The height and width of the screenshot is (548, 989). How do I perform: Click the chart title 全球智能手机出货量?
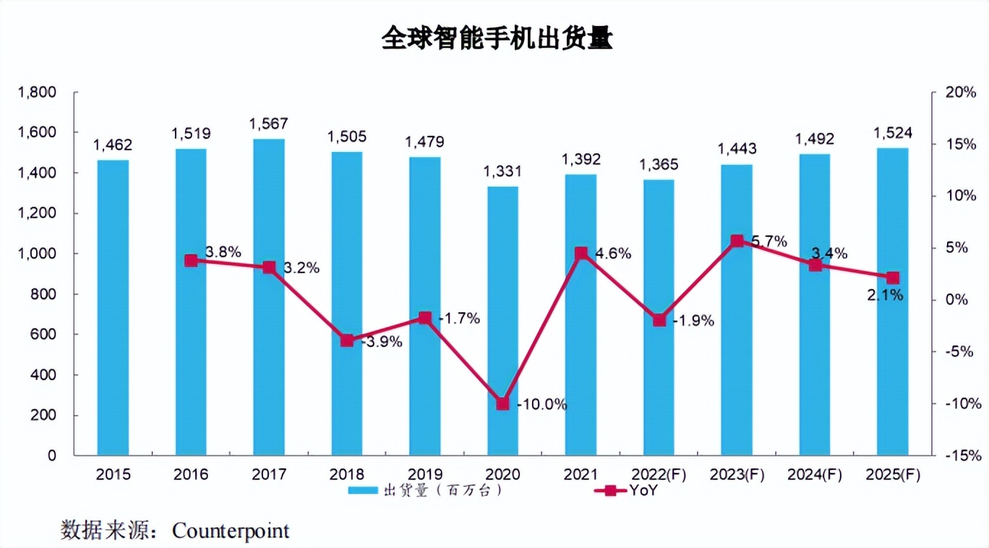click(x=497, y=39)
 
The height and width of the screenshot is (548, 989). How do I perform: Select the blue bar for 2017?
click(x=269, y=296)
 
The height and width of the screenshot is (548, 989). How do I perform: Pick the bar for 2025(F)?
click(x=892, y=301)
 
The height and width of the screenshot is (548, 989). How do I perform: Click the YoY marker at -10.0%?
click(x=502, y=403)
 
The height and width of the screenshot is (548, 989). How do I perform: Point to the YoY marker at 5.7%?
click(x=737, y=241)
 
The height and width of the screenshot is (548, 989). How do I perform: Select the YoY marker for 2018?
click(x=347, y=341)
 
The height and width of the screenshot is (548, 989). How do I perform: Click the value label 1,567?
click(x=269, y=124)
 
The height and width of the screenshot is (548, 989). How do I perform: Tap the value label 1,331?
click(x=502, y=172)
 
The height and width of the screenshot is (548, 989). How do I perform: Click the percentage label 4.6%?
click(x=613, y=254)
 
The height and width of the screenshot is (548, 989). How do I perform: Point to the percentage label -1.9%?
click(x=693, y=321)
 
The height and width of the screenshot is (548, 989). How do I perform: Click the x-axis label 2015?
click(x=113, y=474)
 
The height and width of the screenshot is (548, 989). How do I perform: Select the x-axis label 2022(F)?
click(x=659, y=474)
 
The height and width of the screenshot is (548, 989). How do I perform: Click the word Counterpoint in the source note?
click(x=231, y=531)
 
